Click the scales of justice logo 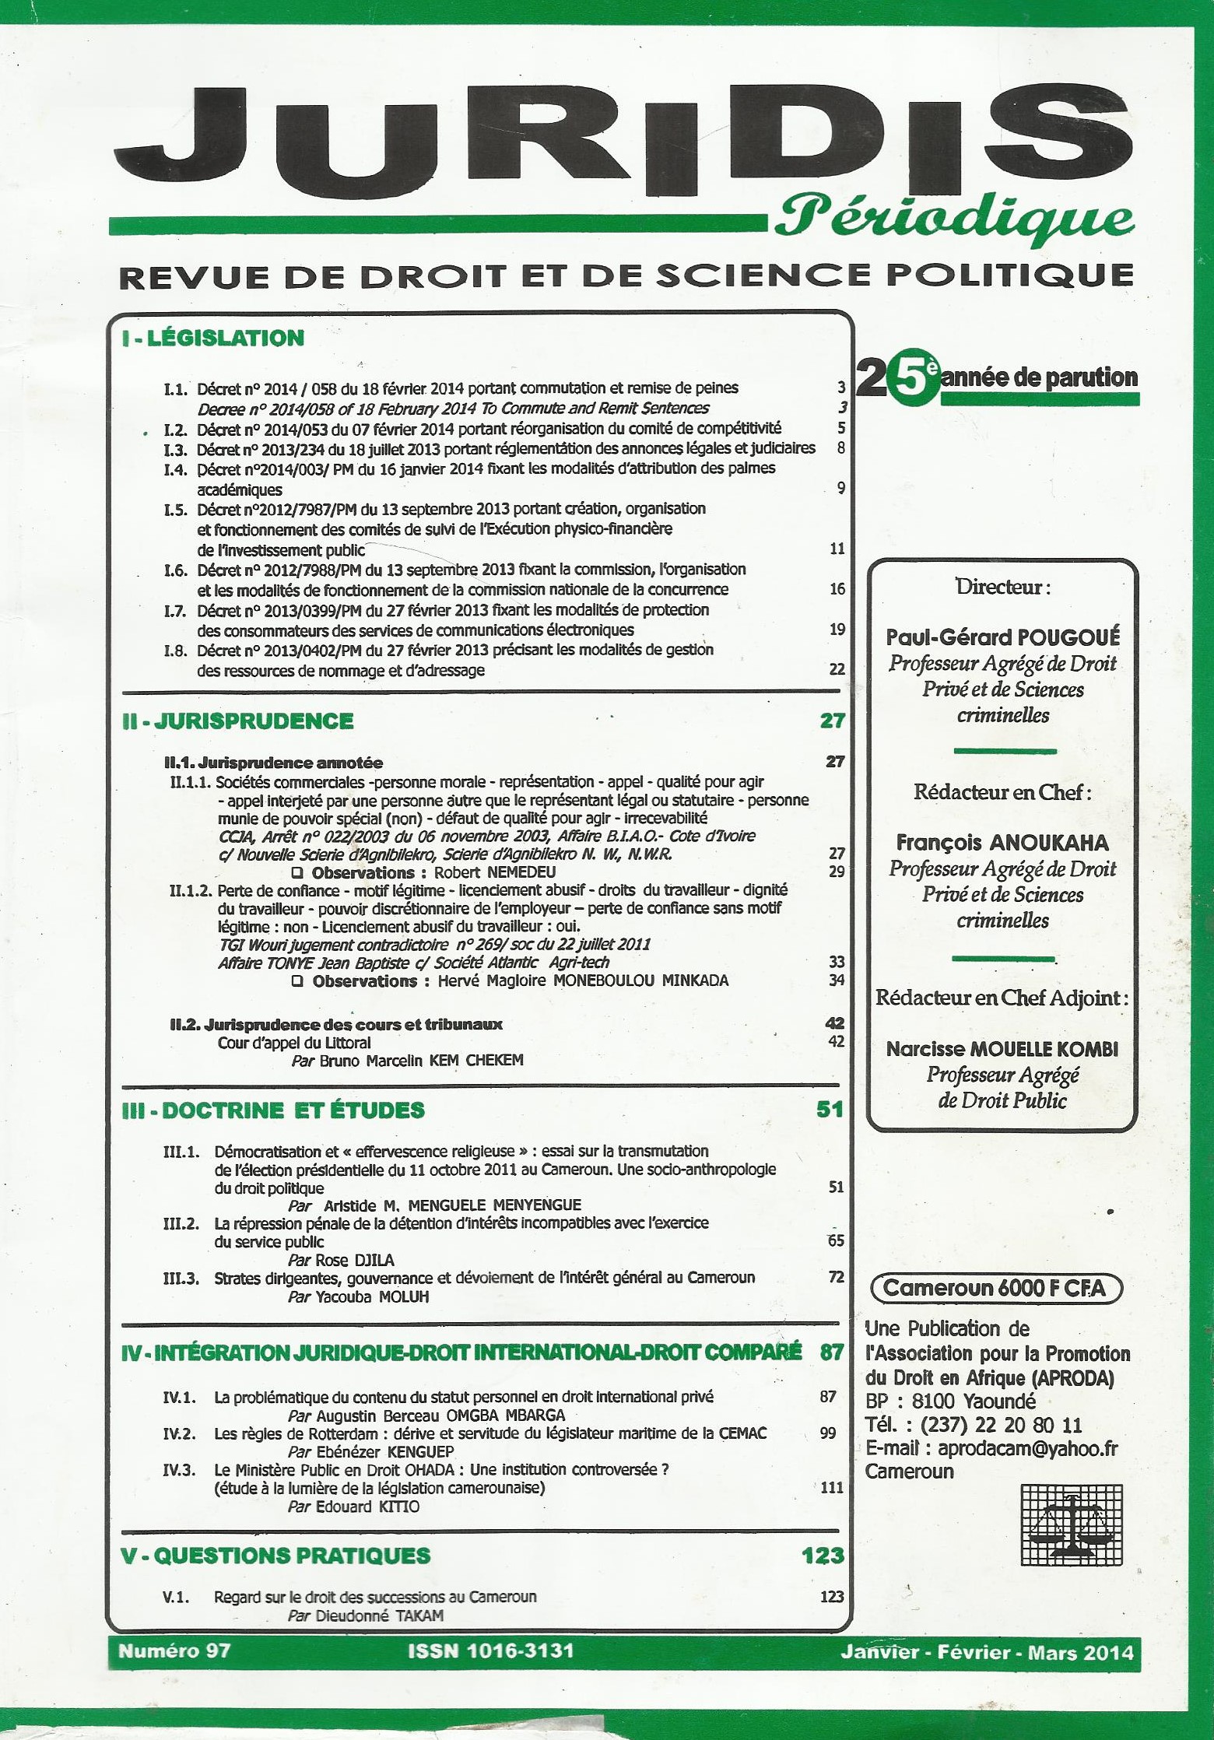(x=1072, y=1525)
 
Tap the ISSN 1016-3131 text (x=490, y=1651)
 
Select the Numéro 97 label (x=174, y=1651)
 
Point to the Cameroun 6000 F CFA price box (x=995, y=1289)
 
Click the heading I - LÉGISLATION (x=212, y=338)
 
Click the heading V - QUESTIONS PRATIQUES (x=275, y=1556)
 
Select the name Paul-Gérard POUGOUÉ (x=1002, y=637)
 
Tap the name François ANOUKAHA (x=1002, y=843)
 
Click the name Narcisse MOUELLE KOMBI (x=1002, y=1049)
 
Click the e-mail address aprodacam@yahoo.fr (x=1027, y=1448)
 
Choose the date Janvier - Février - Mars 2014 (x=987, y=1652)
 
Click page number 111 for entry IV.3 (x=832, y=1487)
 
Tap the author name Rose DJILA (x=355, y=1260)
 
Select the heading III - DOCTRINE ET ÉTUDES (x=273, y=1110)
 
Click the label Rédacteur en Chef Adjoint (x=1001, y=998)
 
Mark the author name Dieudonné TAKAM (x=380, y=1615)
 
